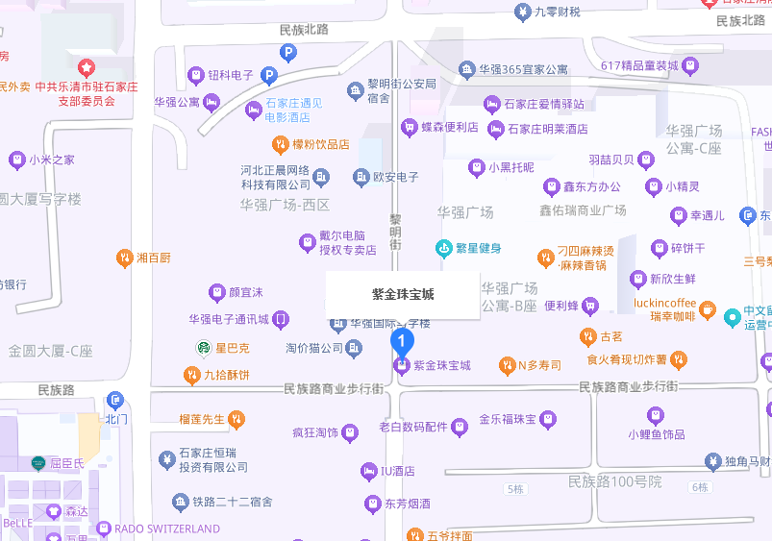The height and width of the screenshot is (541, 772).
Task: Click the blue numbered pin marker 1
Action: point(402,341)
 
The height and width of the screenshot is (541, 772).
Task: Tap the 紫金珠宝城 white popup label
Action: point(402,294)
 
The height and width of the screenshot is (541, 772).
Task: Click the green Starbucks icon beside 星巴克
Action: point(203,348)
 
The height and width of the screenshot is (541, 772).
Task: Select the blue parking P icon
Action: point(270,75)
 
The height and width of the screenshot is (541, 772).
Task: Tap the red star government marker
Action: point(87,68)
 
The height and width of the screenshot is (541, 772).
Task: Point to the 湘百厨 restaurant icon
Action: point(124,258)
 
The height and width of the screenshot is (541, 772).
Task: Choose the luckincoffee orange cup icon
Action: point(707,309)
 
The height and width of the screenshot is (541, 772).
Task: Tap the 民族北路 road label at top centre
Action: point(304,30)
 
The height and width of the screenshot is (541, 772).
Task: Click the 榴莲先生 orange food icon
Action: point(237,419)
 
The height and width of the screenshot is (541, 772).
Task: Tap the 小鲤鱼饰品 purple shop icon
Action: point(655,415)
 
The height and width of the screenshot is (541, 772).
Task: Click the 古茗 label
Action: point(611,337)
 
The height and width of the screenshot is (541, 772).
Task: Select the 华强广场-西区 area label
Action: point(285,205)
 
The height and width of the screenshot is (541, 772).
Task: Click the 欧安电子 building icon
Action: point(361,177)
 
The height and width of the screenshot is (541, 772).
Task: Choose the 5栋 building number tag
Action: point(515,489)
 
